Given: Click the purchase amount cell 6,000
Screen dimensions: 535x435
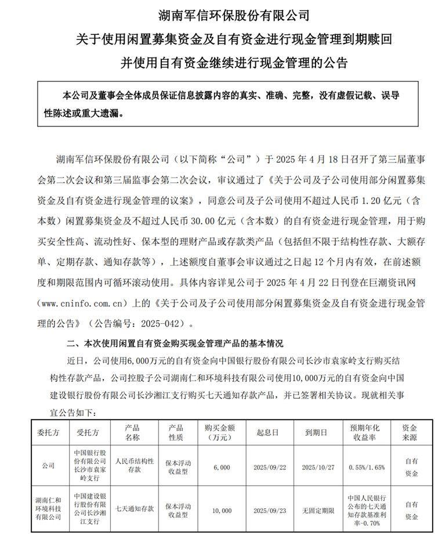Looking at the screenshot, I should click(222, 466).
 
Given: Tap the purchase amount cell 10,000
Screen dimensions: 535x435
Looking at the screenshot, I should click(222, 511).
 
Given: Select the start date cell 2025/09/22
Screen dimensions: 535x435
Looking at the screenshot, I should click(271, 466).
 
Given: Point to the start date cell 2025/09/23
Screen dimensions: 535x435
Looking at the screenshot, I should click(271, 511).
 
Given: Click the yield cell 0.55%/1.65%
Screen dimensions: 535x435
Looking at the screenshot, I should click(367, 466).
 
